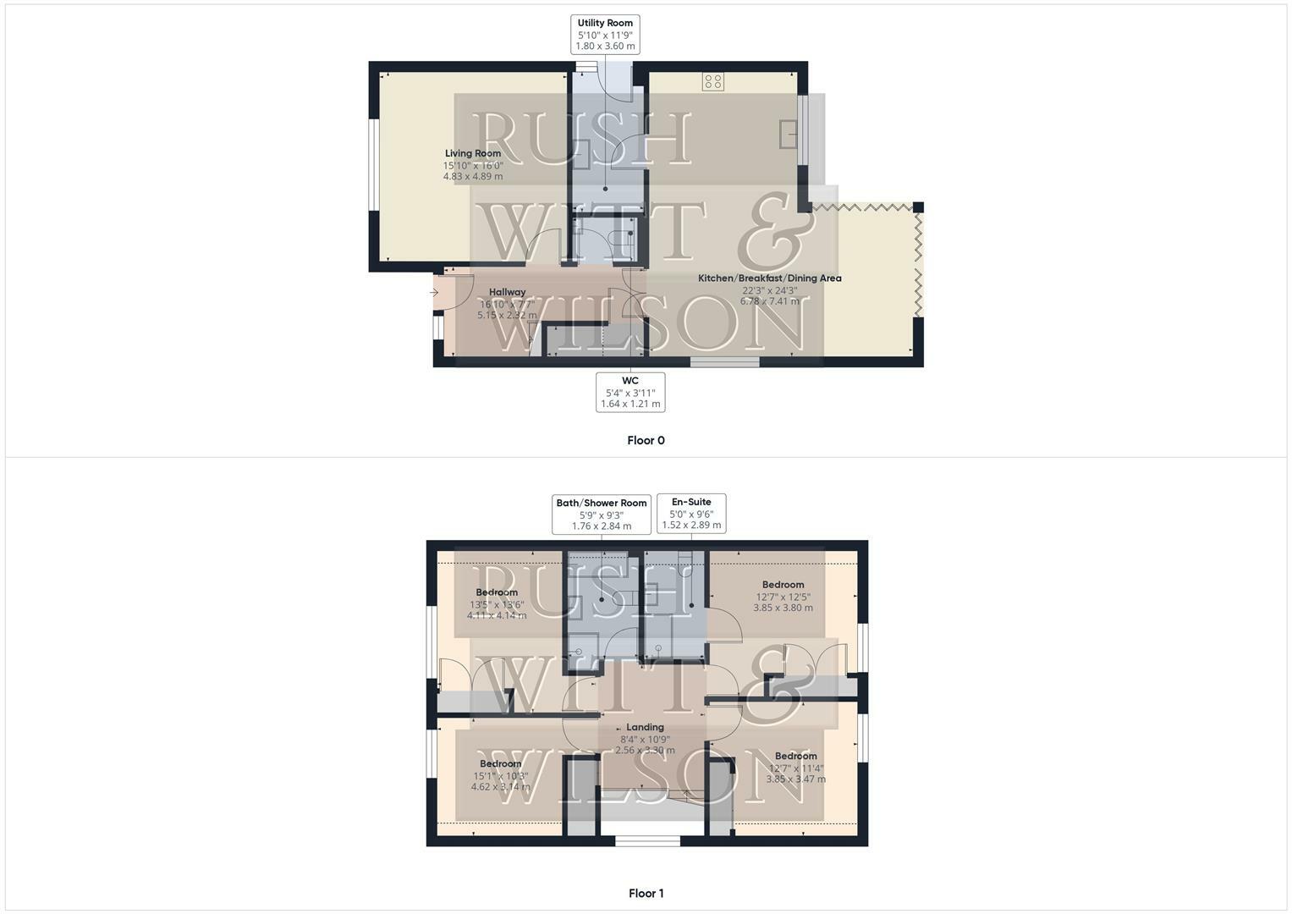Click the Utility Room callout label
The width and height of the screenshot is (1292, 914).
pyautogui.click(x=605, y=35)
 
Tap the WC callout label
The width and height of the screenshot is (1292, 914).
pyautogui.click(x=630, y=392)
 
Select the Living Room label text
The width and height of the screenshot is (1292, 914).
pyautogui.click(x=473, y=153)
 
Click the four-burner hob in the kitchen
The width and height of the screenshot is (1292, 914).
pyautogui.click(x=713, y=81)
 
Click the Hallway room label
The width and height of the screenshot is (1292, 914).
pyautogui.click(x=507, y=292)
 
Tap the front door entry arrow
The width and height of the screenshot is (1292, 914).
pyautogui.click(x=434, y=293)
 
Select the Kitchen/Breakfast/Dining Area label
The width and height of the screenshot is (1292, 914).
pyautogui.click(x=769, y=278)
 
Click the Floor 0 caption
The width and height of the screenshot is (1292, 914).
pyautogui.click(x=646, y=440)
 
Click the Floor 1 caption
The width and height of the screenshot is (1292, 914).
pyautogui.click(x=646, y=893)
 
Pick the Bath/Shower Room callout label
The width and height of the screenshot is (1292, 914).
pyautogui.click(x=602, y=514)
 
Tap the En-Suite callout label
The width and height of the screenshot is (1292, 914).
pyautogui.click(x=691, y=513)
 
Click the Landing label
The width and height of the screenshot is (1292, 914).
pyautogui.click(x=645, y=727)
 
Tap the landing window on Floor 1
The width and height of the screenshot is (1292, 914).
pyautogui.click(x=647, y=840)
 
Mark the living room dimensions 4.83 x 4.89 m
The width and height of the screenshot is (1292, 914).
pyautogui.click(x=473, y=177)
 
